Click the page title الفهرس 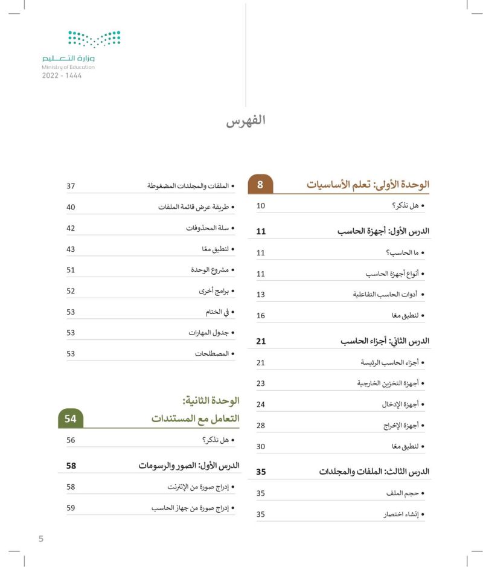(x=246, y=120)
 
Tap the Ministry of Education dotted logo (x=94, y=39)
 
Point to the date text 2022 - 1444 (x=62, y=76)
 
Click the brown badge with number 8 (x=260, y=185)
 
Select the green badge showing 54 (x=71, y=418)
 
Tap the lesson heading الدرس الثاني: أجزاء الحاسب (x=385, y=341)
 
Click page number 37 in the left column (x=71, y=185)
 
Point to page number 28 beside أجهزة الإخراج (x=261, y=426)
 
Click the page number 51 (x=71, y=270)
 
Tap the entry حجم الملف (x=406, y=493)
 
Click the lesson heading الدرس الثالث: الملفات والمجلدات (x=374, y=472)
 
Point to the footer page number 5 (x=41, y=539)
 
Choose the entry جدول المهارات (x=211, y=333)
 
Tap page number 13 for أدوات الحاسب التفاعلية (x=261, y=295)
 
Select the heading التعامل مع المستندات (x=195, y=418)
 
